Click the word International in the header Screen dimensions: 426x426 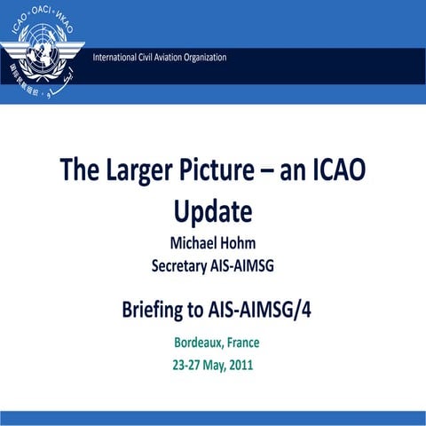[x=120, y=58]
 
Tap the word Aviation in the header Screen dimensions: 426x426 [x=176, y=58]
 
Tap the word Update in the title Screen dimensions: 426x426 [x=213, y=212]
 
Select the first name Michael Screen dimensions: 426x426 [x=192, y=242]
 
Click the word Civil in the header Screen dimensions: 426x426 [x=150, y=58]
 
